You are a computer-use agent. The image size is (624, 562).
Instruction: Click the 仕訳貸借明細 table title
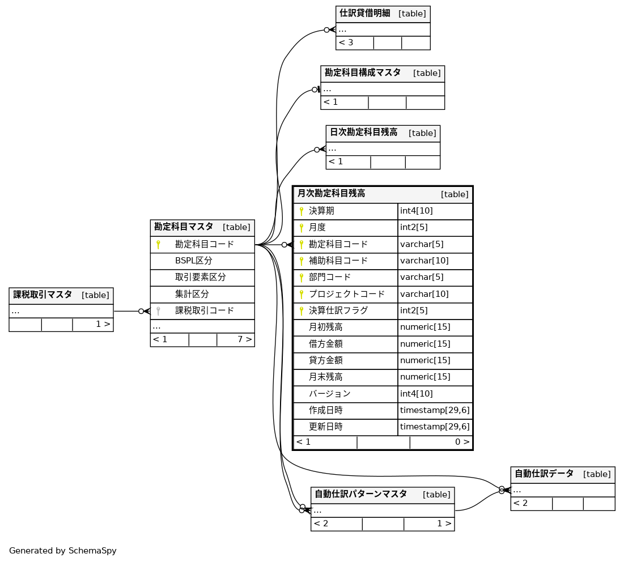coord(365,13)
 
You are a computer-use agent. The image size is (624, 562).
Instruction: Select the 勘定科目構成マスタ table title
coord(362,73)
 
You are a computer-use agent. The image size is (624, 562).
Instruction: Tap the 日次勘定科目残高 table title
coord(363,133)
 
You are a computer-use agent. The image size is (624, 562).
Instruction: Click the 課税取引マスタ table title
coord(43,295)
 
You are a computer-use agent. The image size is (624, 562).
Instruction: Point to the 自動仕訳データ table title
coord(544,474)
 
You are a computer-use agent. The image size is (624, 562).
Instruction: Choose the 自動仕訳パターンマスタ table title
coord(360,494)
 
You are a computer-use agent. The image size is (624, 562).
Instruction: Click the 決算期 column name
coord(321,211)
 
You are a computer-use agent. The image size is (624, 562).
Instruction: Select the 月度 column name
coord(317,228)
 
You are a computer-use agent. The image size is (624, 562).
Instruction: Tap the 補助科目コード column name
coord(338,261)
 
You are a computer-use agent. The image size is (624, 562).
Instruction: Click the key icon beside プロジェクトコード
coord(302,294)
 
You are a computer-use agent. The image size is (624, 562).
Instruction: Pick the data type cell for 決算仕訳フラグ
coord(414,310)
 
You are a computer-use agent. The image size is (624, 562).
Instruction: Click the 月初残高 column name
coord(325,327)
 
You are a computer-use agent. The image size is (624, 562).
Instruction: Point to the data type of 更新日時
coord(435,427)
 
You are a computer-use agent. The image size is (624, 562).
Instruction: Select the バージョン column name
coord(329,394)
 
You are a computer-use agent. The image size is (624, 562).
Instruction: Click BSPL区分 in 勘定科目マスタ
coord(193,261)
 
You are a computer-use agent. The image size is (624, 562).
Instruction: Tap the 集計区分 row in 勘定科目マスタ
coord(192,295)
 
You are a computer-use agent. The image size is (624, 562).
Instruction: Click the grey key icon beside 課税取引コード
coord(159,311)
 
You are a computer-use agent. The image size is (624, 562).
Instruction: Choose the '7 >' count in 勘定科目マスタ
coord(244,339)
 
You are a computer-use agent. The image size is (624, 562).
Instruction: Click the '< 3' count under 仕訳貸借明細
coord(346,42)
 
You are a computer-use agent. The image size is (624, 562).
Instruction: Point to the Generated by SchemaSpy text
coord(62,551)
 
